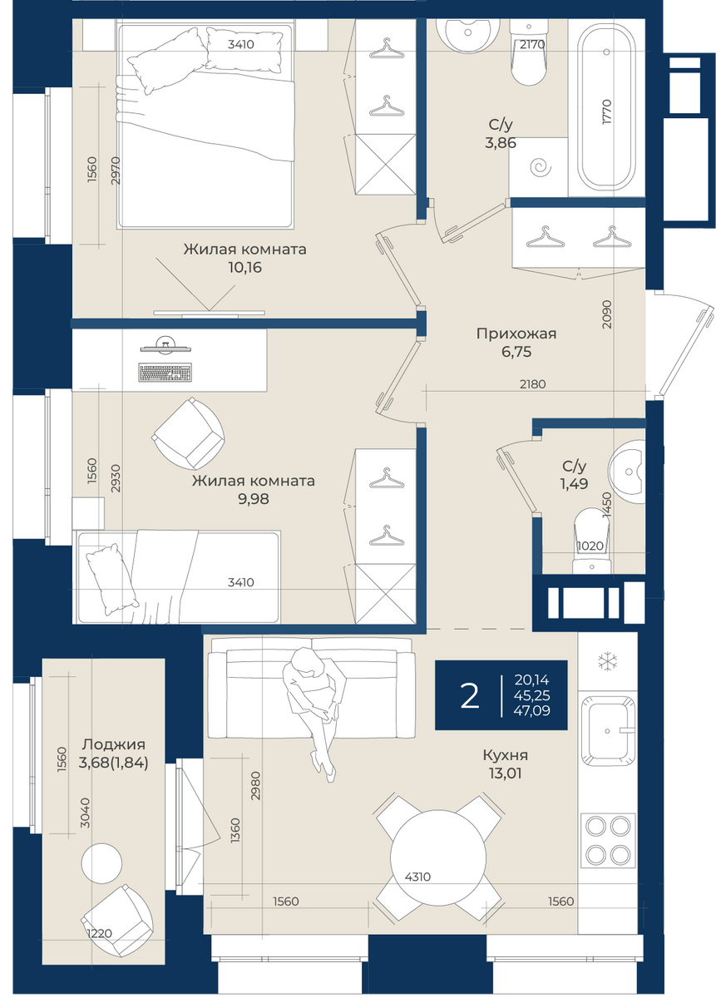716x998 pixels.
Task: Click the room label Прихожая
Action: coord(516,333)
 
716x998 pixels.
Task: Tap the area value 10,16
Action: coord(244,267)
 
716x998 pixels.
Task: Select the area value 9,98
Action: coord(253,498)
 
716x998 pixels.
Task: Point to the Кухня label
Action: coord(506,755)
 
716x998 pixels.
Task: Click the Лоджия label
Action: coord(114,744)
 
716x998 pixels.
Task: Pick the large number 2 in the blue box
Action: coord(470,696)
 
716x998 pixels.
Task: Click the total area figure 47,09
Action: coord(531,710)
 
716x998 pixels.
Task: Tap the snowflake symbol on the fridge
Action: coord(607,662)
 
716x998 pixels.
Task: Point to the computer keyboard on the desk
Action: coord(165,372)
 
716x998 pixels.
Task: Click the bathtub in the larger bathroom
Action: coord(606,107)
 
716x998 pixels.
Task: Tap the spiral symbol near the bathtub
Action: coord(541,167)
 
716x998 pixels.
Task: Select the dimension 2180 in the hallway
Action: coord(532,384)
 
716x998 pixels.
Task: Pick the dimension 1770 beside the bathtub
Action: coord(607,111)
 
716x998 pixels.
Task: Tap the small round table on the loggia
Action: coord(101,863)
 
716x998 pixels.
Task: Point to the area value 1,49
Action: coord(574,483)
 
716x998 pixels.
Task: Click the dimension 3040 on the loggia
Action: coord(84,813)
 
